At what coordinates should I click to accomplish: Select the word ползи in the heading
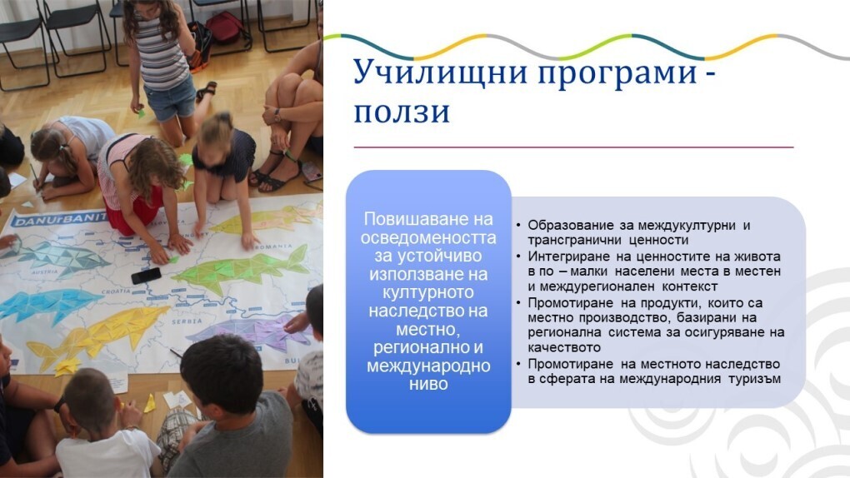pyautogui.click(x=402, y=112)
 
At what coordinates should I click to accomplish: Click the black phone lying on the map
pyautogui.click(x=146, y=276)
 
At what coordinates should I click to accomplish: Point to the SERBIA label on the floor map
pyautogui.click(x=187, y=321)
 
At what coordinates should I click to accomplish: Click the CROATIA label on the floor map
pyautogui.click(x=116, y=291)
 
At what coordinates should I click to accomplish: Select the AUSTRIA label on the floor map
pyautogui.click(x=44, y=271)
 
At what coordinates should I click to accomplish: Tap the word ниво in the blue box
pyautogui.click(x=428, y=384)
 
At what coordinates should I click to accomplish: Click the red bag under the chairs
pyautogui.click(x=223, y=27)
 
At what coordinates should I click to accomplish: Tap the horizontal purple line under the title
pyautogui.click(x=573, y=147)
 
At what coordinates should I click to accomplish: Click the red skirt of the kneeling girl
pyautogui.click(x=132, y=213)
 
